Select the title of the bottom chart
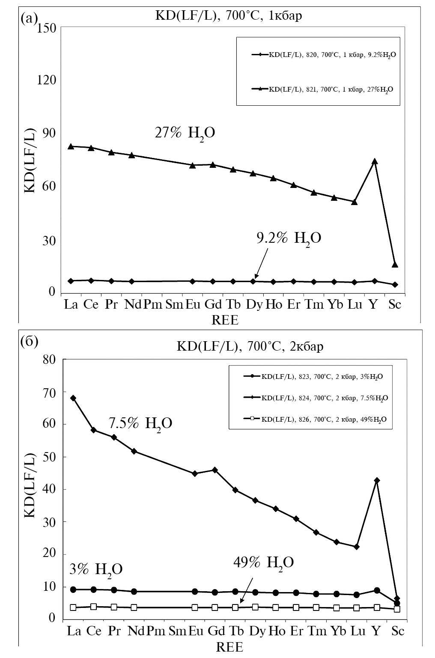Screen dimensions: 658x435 (x=250, y=346)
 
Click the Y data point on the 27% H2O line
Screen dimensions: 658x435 (x=375, y=161)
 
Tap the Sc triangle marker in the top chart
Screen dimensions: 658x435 (x=395, y=264)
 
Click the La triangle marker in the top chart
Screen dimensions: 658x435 (x=71, y=146)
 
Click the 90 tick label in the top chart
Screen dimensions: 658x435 (x=48, y=134)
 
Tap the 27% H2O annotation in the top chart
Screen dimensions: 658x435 (x=185, y=133)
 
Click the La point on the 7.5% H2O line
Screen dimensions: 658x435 (x=73, y=398)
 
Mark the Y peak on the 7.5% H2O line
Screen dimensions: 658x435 (x=377, y=481)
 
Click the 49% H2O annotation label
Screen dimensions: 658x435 (x=263, y=562)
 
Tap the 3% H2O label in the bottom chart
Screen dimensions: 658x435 (x=96, y=569)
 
